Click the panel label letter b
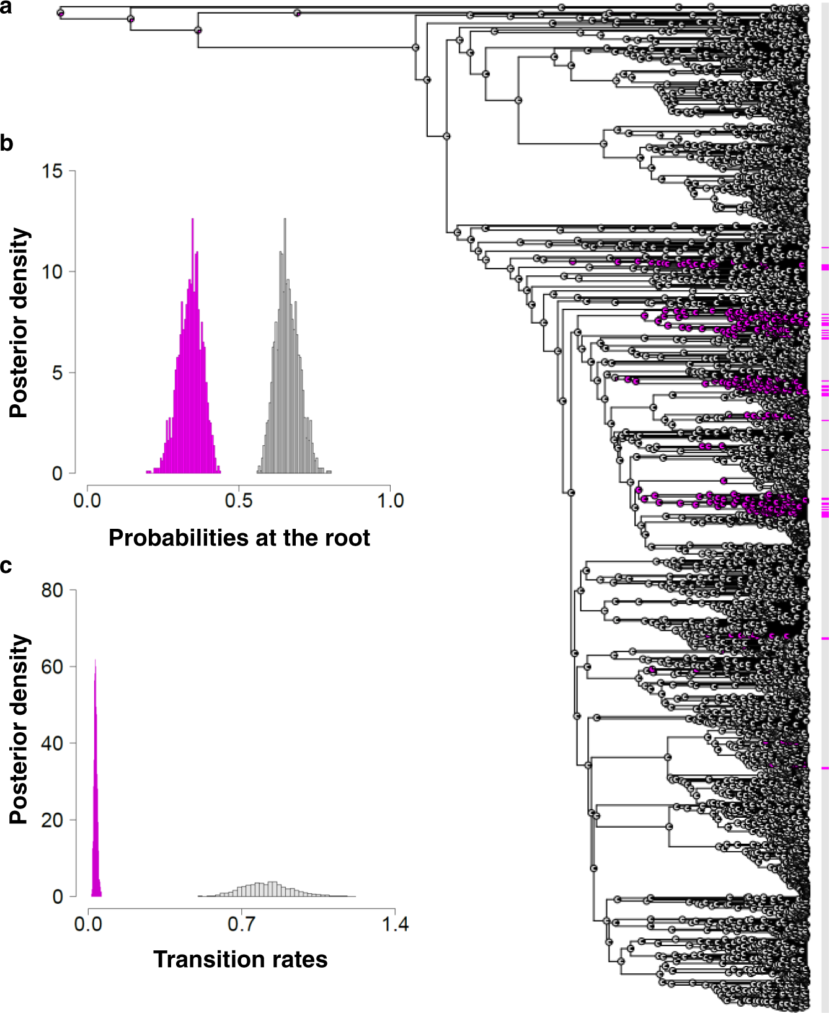coord(6,143)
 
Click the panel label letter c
coord(6,565)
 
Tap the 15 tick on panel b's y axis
coord(53,171)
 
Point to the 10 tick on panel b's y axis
coord(53,272)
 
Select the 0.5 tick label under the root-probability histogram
coord(239,500)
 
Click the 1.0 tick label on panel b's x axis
coord(391,500)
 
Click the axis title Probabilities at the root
coord(239,537)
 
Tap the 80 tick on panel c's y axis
coord(53,590)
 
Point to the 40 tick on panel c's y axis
coord(53,743)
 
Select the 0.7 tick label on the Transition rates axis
coord(241,924)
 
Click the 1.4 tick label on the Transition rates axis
coord(395,924)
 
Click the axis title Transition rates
coord(240,959)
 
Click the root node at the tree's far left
coord(61,13)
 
